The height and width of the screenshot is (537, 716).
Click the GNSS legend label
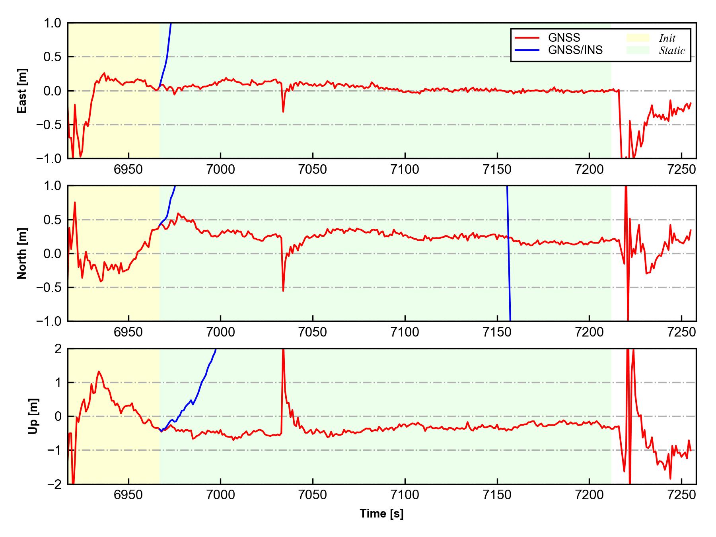coord(564,38)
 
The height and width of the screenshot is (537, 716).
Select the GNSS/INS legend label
coord(575,50)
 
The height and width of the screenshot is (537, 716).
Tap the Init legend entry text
coord(667,38)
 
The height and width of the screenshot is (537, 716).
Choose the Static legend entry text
coord(672,51)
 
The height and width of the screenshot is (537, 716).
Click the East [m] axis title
coord(22,91)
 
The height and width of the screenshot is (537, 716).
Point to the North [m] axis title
coord(22,253)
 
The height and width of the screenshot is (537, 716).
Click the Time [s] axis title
coord(381,514)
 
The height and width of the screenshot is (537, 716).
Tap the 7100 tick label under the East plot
coord(405,170)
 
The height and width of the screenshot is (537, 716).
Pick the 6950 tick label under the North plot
coord(128,333)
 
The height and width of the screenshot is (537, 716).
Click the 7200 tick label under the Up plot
coord(589,495)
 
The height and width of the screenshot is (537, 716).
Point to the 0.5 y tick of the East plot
coord(53,57)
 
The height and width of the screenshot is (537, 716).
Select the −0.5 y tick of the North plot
coord(49,287)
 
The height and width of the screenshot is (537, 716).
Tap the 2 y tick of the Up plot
coord(58,349)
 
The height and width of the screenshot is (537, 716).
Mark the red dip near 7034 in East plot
coord(283,111)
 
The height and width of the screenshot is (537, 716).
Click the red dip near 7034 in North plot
coord(283,290)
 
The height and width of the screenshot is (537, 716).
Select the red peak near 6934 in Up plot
coord(99,372)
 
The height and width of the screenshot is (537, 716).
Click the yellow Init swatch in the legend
coord(638,38)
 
